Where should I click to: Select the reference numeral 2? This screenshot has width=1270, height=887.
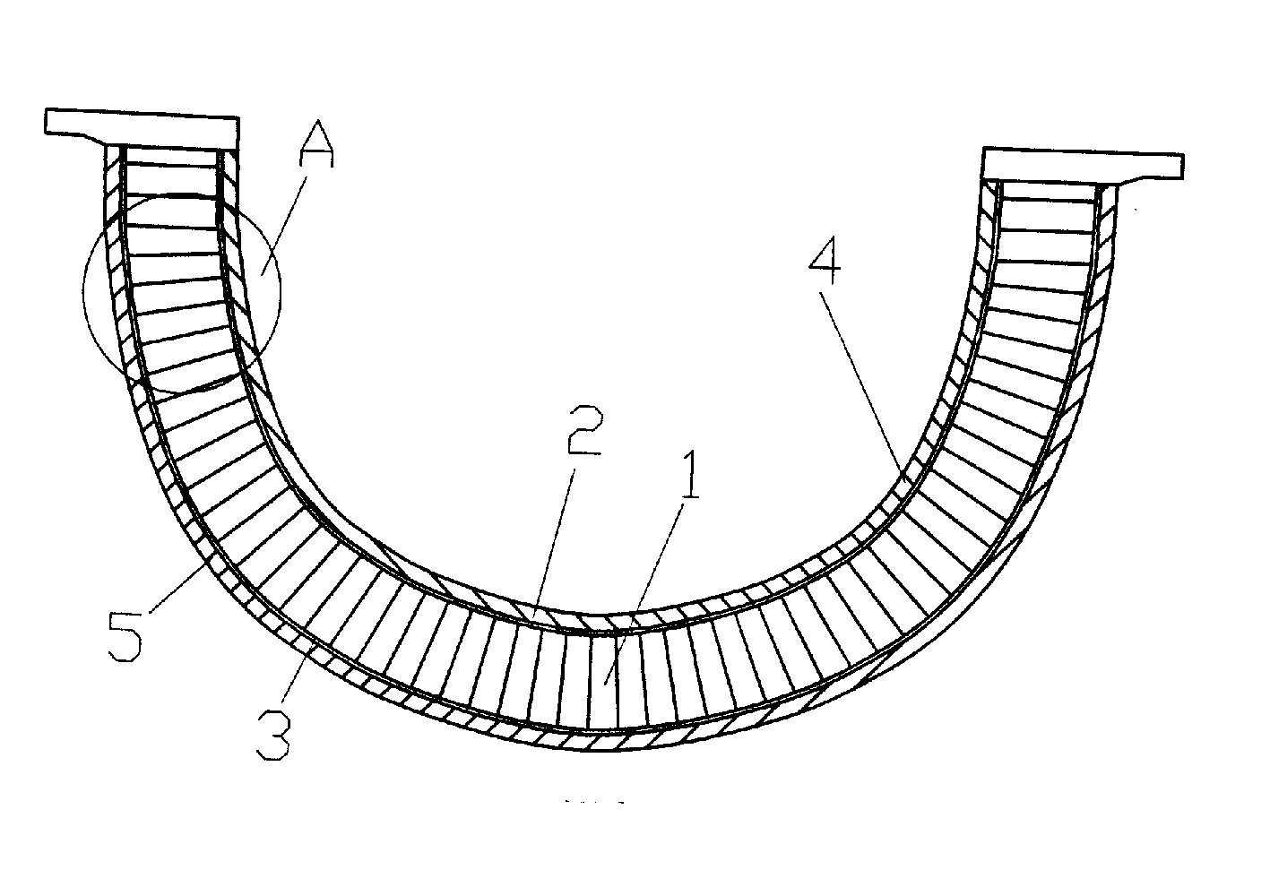584,430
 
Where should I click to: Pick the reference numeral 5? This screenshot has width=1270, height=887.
125,636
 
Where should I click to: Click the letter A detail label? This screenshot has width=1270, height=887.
317,143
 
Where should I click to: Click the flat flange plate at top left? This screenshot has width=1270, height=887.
142,128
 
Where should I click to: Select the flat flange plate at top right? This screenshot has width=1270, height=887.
1083,165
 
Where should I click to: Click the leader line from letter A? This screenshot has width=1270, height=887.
284,225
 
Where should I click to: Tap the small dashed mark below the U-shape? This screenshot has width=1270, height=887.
594,802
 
